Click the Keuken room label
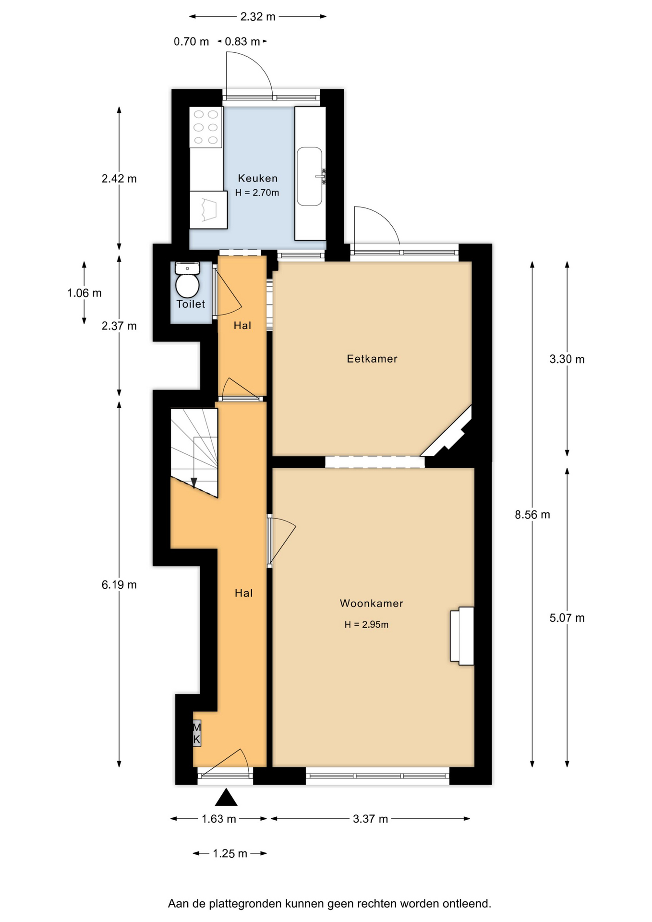[258, 178]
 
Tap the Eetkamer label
[372, 359]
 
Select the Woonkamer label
[372, 603]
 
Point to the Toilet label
[191, 304]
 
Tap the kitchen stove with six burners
[206, 127]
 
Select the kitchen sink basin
[310, 176]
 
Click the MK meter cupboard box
[197, 733]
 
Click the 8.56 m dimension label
[532, 515]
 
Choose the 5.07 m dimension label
[567, 618]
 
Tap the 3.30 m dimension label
[567, 359]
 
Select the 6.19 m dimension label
[119, 585]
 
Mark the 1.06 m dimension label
[85, 293]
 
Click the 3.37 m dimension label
[370, 819]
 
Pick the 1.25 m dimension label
[230, 853]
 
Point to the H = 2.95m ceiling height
[366, 624]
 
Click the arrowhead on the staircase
[194, 483]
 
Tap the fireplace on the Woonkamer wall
[462, 636]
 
